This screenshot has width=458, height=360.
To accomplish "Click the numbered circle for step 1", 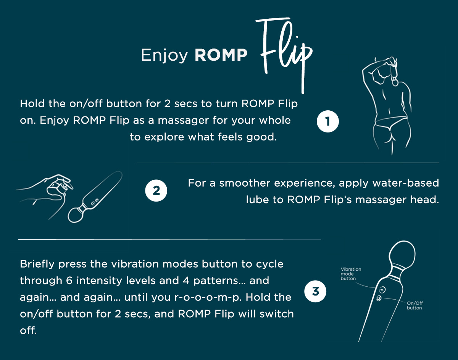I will click(328, 121).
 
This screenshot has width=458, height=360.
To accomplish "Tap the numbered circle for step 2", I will click(156, 190).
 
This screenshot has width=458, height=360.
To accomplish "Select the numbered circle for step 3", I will click(315, 292).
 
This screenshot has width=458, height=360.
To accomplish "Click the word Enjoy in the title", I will click(164, 55).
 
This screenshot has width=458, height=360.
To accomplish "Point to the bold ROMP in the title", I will click(221, 55).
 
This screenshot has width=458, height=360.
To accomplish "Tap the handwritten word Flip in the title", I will click(284, 53).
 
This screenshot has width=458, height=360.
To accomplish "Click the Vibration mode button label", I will click(351, 274).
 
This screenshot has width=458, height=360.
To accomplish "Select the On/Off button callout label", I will click(414, 305).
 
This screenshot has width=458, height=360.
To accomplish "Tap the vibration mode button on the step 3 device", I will click(383, 290).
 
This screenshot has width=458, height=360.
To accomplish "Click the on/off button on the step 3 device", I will click(379, 299).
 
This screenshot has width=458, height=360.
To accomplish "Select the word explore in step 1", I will click(164, 137).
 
